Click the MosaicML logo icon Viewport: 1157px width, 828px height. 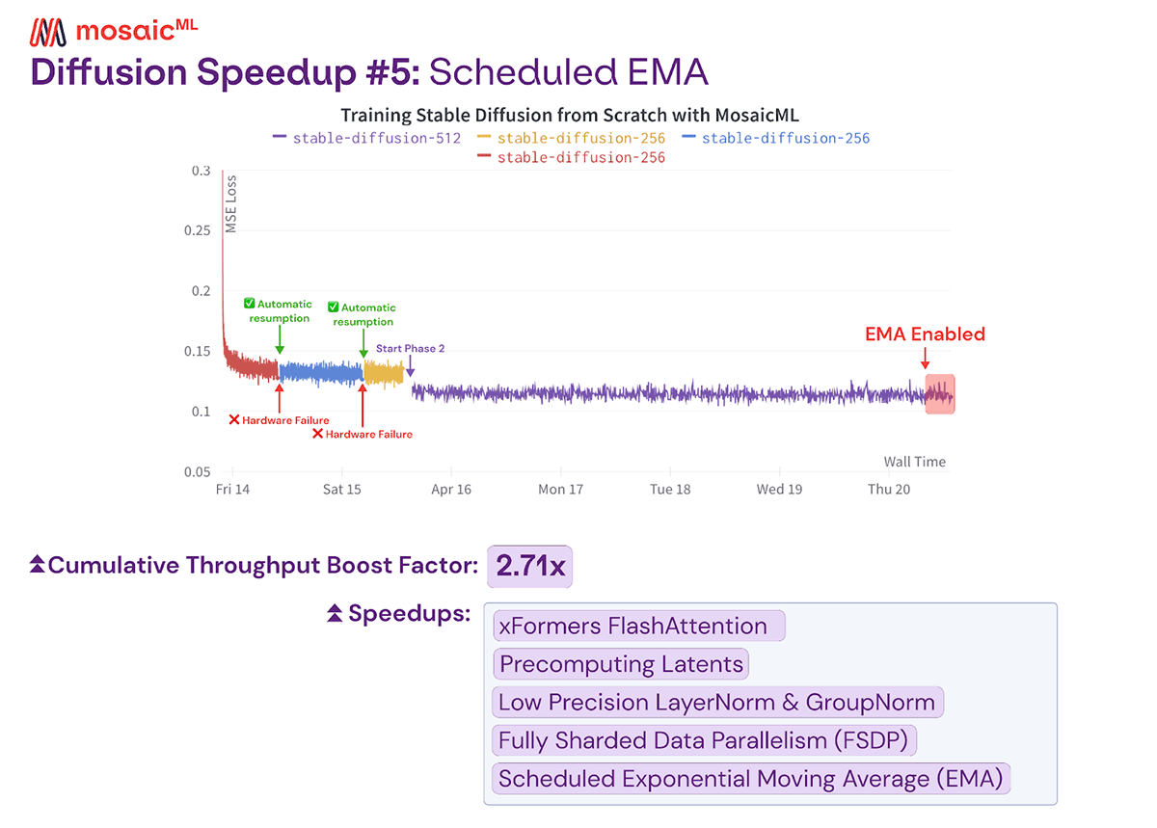[x=49, y=32]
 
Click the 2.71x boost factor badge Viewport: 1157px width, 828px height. [x=530, y=566]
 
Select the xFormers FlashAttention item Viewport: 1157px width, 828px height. [x=638, y=627]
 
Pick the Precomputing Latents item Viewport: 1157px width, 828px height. [x=621, y=664]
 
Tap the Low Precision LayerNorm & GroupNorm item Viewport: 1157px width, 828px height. [x=716, y=703]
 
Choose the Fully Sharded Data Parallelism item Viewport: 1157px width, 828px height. [x=704, y=740]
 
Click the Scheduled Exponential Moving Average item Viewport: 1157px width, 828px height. [x=751, y=779]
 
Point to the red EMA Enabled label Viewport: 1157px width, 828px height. [x=925, y=334]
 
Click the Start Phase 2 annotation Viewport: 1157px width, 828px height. [x=410, y=349]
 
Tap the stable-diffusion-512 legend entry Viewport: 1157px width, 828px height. [x=367, y=138]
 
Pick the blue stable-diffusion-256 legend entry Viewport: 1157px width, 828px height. [x=775, y=138]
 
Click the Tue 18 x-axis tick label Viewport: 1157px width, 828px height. [x=670, y=490]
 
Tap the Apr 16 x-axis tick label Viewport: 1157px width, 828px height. [x=451, y=490]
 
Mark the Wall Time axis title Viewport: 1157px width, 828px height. [x=914, y=462]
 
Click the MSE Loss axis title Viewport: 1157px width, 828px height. [x=231, y=205]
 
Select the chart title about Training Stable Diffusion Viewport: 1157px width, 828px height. [x=570, y=116]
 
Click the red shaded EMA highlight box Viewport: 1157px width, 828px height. [x=940, y=393]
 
